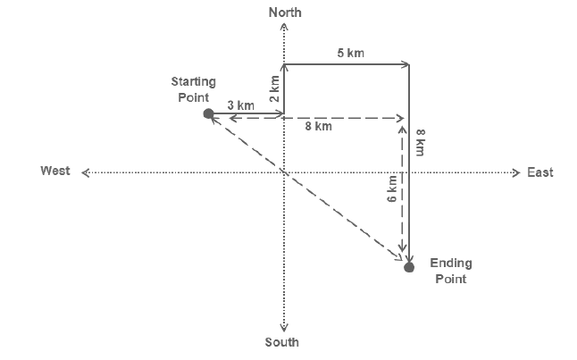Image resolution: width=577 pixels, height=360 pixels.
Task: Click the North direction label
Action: point(285,13)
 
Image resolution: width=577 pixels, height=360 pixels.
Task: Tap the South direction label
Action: point(282,342)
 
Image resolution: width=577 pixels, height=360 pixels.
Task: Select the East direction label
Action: point(539,172)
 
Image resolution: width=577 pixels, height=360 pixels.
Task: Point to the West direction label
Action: point(55,171)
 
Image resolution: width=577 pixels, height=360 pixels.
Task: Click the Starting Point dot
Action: point(209,113)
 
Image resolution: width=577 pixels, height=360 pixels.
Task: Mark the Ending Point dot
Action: point(409,267)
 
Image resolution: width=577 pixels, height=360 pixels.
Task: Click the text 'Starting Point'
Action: point(194,89)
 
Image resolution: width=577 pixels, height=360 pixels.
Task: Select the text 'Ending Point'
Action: point(451,271)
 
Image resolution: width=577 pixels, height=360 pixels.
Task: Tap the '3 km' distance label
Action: point(240,105)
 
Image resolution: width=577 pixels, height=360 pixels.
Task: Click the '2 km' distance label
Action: point(274,88)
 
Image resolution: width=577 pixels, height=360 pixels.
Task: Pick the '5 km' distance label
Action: point(351,53)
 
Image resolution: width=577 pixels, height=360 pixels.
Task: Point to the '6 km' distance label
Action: point(392,188)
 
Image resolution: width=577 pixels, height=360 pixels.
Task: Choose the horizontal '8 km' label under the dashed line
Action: point(318,126)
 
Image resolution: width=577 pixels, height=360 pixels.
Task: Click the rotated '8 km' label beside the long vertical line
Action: point(420,142)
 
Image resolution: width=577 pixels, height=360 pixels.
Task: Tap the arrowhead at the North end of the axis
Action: point(284,26)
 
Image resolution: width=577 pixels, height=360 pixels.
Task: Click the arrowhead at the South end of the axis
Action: point(284,329)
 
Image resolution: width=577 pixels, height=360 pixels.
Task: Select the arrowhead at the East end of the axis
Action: point(516,172)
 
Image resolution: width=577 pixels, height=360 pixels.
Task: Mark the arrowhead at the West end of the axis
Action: point(86,172)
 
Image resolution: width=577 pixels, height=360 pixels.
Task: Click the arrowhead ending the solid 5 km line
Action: point(406,65)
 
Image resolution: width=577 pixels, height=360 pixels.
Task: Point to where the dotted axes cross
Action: point(284,172)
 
